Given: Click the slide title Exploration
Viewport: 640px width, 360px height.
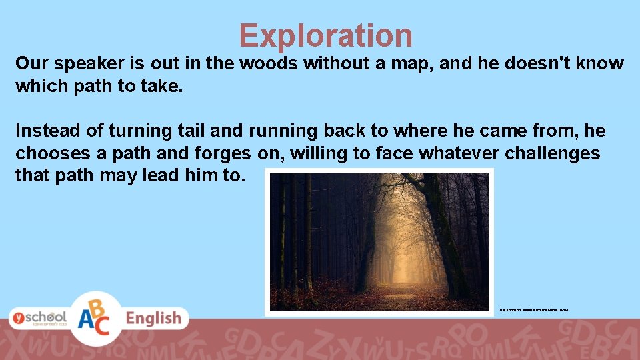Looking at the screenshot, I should [325, 35].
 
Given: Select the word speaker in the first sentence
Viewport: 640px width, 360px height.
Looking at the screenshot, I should [83, 64].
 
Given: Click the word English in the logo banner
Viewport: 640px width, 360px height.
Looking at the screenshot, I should [153, 319].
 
